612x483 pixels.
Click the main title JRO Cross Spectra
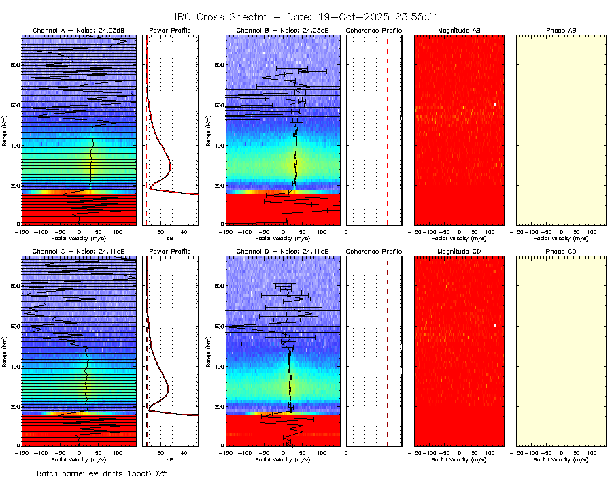tap(305, 17)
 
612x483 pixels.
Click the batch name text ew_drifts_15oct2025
tap(102, 473)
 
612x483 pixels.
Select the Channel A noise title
tap(79, 31)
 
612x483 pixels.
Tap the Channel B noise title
tap(282, 31)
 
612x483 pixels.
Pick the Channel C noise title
tap(79, 252)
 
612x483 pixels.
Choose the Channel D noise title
tap(282, 252)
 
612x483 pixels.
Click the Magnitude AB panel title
tap(459, 31)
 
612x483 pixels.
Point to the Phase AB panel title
tap(561, 31)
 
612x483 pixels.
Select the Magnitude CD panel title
tap(459, 252)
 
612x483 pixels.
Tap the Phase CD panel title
tap(561, 252)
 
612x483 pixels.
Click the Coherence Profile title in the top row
tap(373, 31)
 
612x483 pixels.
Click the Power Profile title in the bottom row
tap(170, 252)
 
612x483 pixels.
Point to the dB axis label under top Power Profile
tap(170, 239)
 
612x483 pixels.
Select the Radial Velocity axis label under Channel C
tap(79, 460)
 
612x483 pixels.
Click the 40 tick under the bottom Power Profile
tap(184, 452)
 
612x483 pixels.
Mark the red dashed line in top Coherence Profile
tap(388, 129)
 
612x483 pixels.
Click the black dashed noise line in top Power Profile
tap(146, 170)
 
